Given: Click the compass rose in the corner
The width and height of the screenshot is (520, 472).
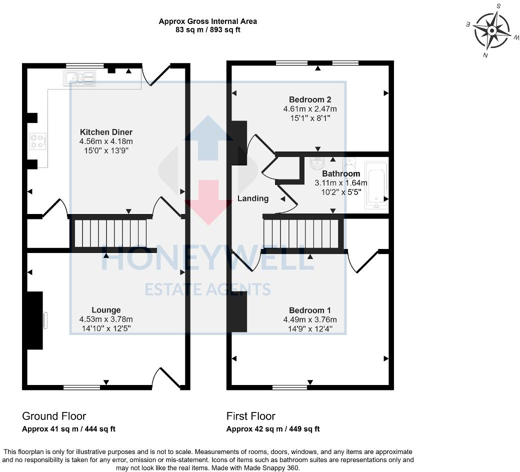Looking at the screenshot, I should coord(491,30).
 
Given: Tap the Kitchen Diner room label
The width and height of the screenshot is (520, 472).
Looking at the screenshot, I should coord(106,132).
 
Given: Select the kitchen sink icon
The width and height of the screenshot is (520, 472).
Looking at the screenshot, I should coord(78,78).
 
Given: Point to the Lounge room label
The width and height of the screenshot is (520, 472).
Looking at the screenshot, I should coord(106,310).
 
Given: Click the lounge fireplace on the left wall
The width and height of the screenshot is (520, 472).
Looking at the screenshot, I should coord(35,320).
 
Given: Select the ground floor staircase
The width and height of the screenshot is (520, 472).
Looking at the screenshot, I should coord(110,233).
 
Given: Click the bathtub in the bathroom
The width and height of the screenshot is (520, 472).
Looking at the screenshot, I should coord(375,184).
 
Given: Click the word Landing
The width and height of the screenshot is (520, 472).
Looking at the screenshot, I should coord(252,198).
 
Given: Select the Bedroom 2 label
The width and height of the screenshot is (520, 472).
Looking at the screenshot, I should coord(310,99).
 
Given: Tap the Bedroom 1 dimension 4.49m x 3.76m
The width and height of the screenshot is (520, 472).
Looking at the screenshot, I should coord(310,320).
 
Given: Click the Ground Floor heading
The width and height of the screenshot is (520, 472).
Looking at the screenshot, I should coord(54,416).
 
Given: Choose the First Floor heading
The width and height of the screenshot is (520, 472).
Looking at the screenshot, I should coord(250,416).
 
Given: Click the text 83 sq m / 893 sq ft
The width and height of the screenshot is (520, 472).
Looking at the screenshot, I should coord(208,30).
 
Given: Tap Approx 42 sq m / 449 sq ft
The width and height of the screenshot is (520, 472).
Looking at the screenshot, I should coord(273,429).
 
